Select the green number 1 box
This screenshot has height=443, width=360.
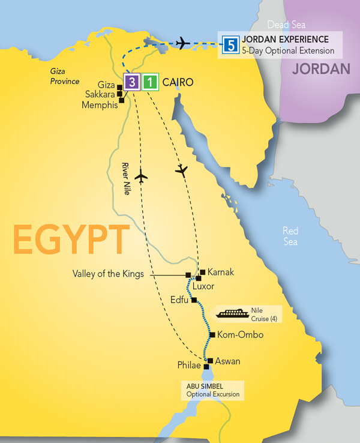click(151, 82)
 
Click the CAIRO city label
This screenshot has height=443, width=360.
click(179, 82)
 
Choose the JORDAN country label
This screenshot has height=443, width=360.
click(321, 69)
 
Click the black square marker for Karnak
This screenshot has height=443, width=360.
click(203, 272)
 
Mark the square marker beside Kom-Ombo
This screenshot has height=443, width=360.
click(212, 335)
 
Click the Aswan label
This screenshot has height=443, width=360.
click(227, 361)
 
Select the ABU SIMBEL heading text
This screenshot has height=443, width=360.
click(207, 385)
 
